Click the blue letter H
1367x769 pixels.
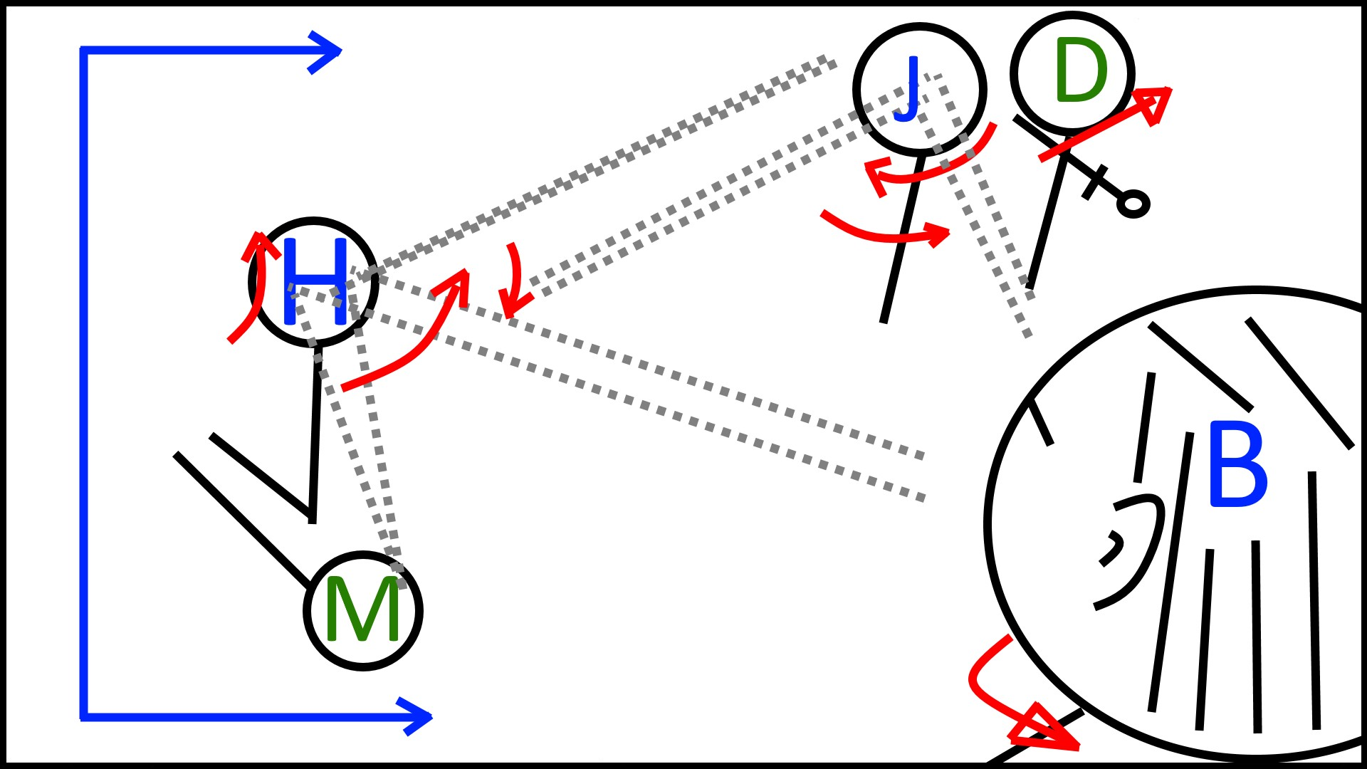pos(315,282)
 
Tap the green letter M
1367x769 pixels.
pos(362,610)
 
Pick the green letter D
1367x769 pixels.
pos(1081,71)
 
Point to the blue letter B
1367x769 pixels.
pos(1237,465)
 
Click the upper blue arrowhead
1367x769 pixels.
pos(329,51)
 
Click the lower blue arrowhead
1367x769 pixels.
pos(419,716)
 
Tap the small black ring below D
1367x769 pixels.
pos(1133,204)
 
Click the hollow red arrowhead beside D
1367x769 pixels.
pos(1157,103)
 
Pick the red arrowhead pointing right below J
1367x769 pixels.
pos(940,234)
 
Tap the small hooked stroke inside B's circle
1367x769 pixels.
pos(1111,548)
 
